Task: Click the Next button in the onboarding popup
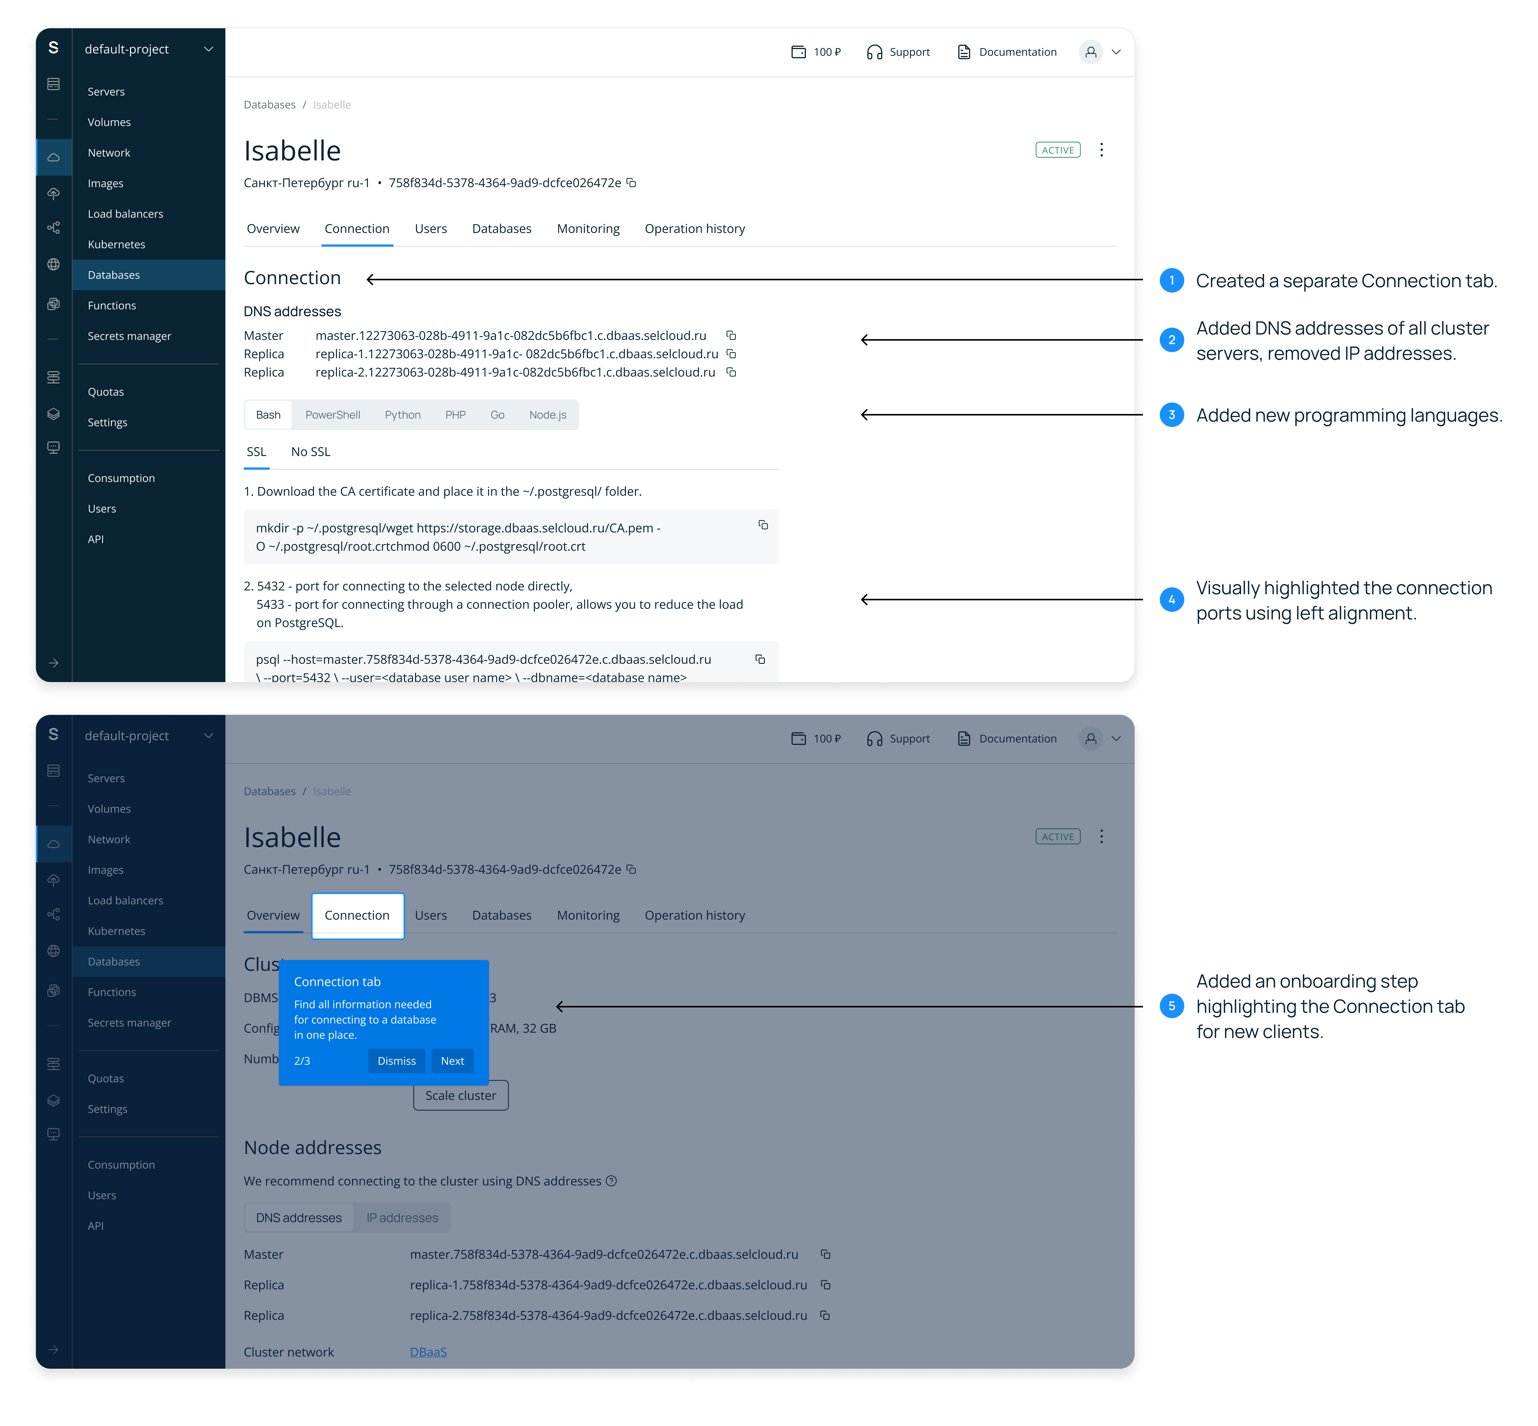tap(452, 1061)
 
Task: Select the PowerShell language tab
tap(333, 415)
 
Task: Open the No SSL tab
tap(310, 452)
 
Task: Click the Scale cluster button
tap(461, 1096)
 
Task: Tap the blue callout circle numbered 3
tap(1171, 415)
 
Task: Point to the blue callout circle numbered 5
tap(1171, 1006)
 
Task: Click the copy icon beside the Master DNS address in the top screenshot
tap(731, 336)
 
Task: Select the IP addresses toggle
tap(402, 1218)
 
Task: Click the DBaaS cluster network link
tap(428, 1352)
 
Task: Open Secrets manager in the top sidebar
tap(129, 336)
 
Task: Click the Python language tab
tap(403, 415)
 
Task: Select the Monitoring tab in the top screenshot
tap(588, 229)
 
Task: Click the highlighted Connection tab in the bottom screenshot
tap(357, 915)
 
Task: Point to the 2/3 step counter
tap(302, 1061)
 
